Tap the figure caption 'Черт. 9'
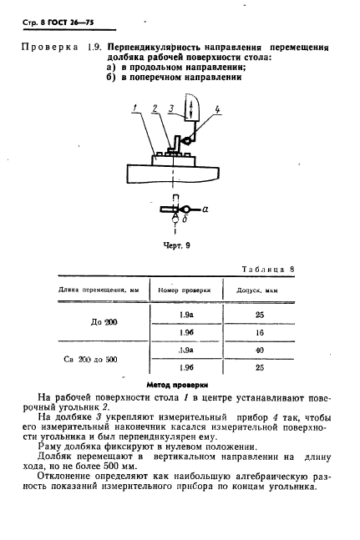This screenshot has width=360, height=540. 175,247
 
